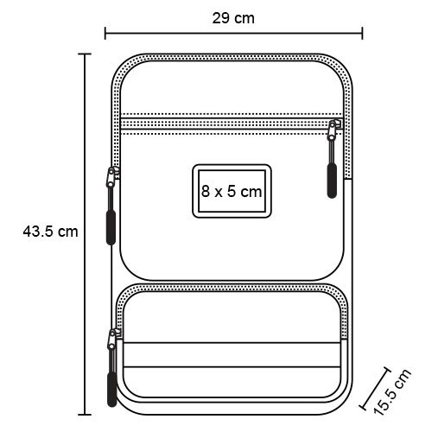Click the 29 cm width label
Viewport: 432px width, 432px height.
click(x=233, y=18)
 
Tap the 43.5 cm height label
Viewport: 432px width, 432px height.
click(x=50, y=232)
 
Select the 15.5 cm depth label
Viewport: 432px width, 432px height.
click(x=392, y=391)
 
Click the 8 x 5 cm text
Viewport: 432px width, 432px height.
click(x=232, y=191)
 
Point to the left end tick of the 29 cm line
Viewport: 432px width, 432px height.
click(x=105, y=33)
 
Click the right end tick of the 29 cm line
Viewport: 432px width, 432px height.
click(x=362, y=33)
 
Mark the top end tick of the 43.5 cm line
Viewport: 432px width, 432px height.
click(x=85, y=54)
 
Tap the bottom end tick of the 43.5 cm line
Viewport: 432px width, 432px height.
click(x=85, y=415)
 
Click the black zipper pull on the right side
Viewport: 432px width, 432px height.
click(x=332, y=181)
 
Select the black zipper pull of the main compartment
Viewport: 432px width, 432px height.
click(x=111, y=227)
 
